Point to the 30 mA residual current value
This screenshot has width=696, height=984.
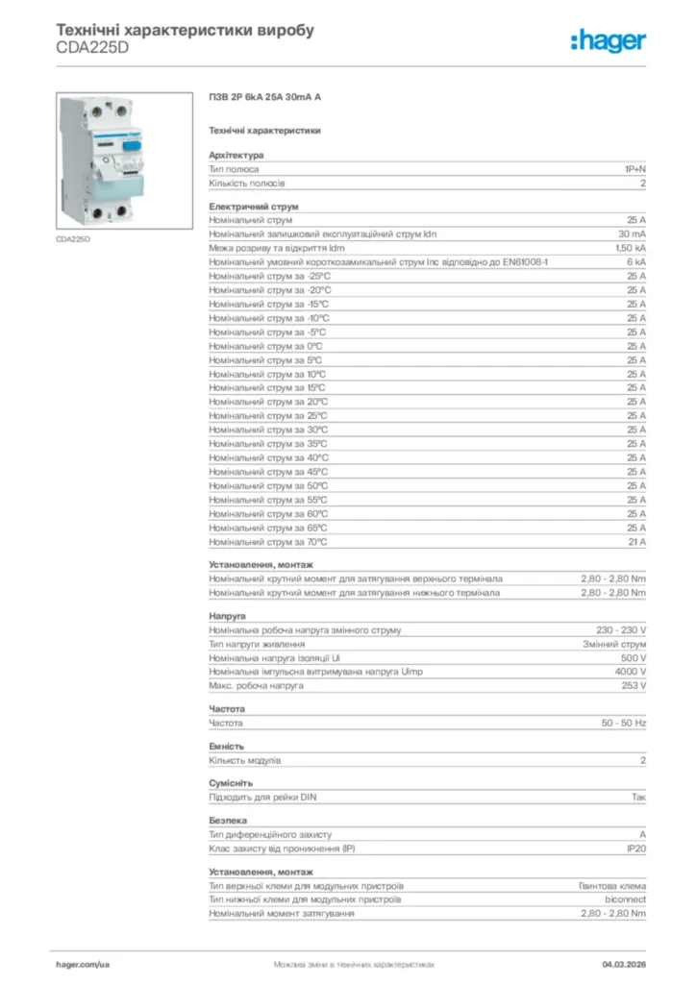632,234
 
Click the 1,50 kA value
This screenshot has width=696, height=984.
630,248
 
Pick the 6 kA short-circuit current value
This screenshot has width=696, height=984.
636,262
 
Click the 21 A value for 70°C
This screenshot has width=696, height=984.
636,542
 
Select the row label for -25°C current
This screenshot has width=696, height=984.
270,276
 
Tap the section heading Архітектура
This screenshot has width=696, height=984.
236,155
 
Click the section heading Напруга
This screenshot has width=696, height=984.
228,615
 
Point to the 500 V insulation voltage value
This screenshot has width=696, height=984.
634,658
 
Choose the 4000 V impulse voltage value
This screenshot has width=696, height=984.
631,672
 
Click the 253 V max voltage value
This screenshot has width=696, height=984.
634,686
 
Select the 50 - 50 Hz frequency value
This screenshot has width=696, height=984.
624,723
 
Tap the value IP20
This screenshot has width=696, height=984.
635,849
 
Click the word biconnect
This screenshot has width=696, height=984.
625,899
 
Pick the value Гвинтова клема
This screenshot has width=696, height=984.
612,886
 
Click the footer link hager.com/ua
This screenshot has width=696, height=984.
84,963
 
